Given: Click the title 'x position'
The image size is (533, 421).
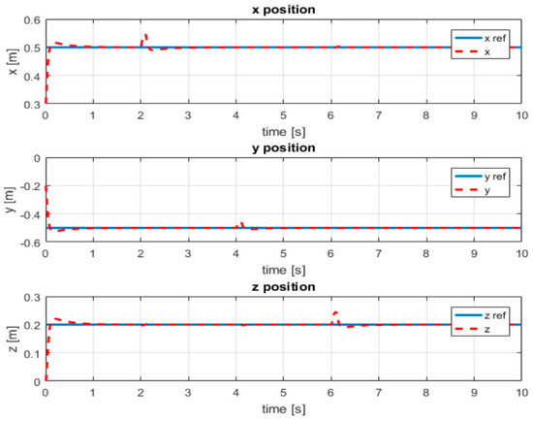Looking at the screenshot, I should click(283, 10).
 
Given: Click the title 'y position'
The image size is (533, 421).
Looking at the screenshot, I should click(283, 148).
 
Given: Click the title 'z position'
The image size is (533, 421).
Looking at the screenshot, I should click(283, 288).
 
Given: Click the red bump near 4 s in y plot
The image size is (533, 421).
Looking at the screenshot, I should click(240, 224).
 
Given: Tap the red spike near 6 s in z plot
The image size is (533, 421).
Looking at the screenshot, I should click(335, 313).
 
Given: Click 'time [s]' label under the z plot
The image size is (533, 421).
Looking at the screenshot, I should click(283, 411).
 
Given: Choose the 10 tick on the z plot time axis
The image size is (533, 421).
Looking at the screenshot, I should click(521, 395).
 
